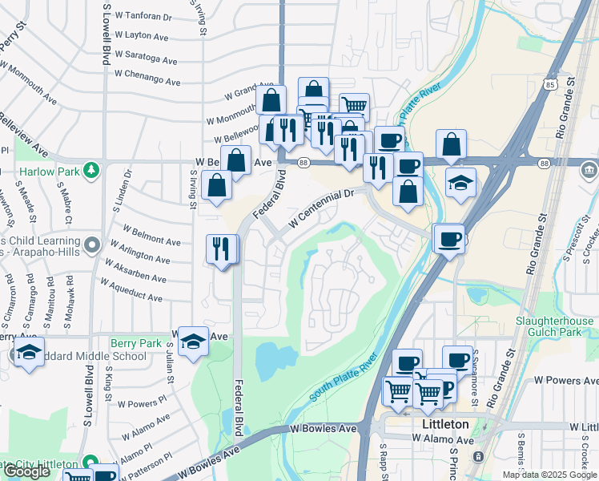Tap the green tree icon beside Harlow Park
[x=93, y=170]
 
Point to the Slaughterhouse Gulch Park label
[x=554, y=327]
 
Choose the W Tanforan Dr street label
[x=144, y=16]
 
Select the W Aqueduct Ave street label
[x=131, y=291]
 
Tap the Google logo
[x=26, y=471]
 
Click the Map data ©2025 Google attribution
[x=549, y=475]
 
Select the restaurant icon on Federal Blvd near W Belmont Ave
[x=222, y=249]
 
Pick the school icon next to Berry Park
[x=193, y=342]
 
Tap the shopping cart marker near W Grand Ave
[x=353, y=105]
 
